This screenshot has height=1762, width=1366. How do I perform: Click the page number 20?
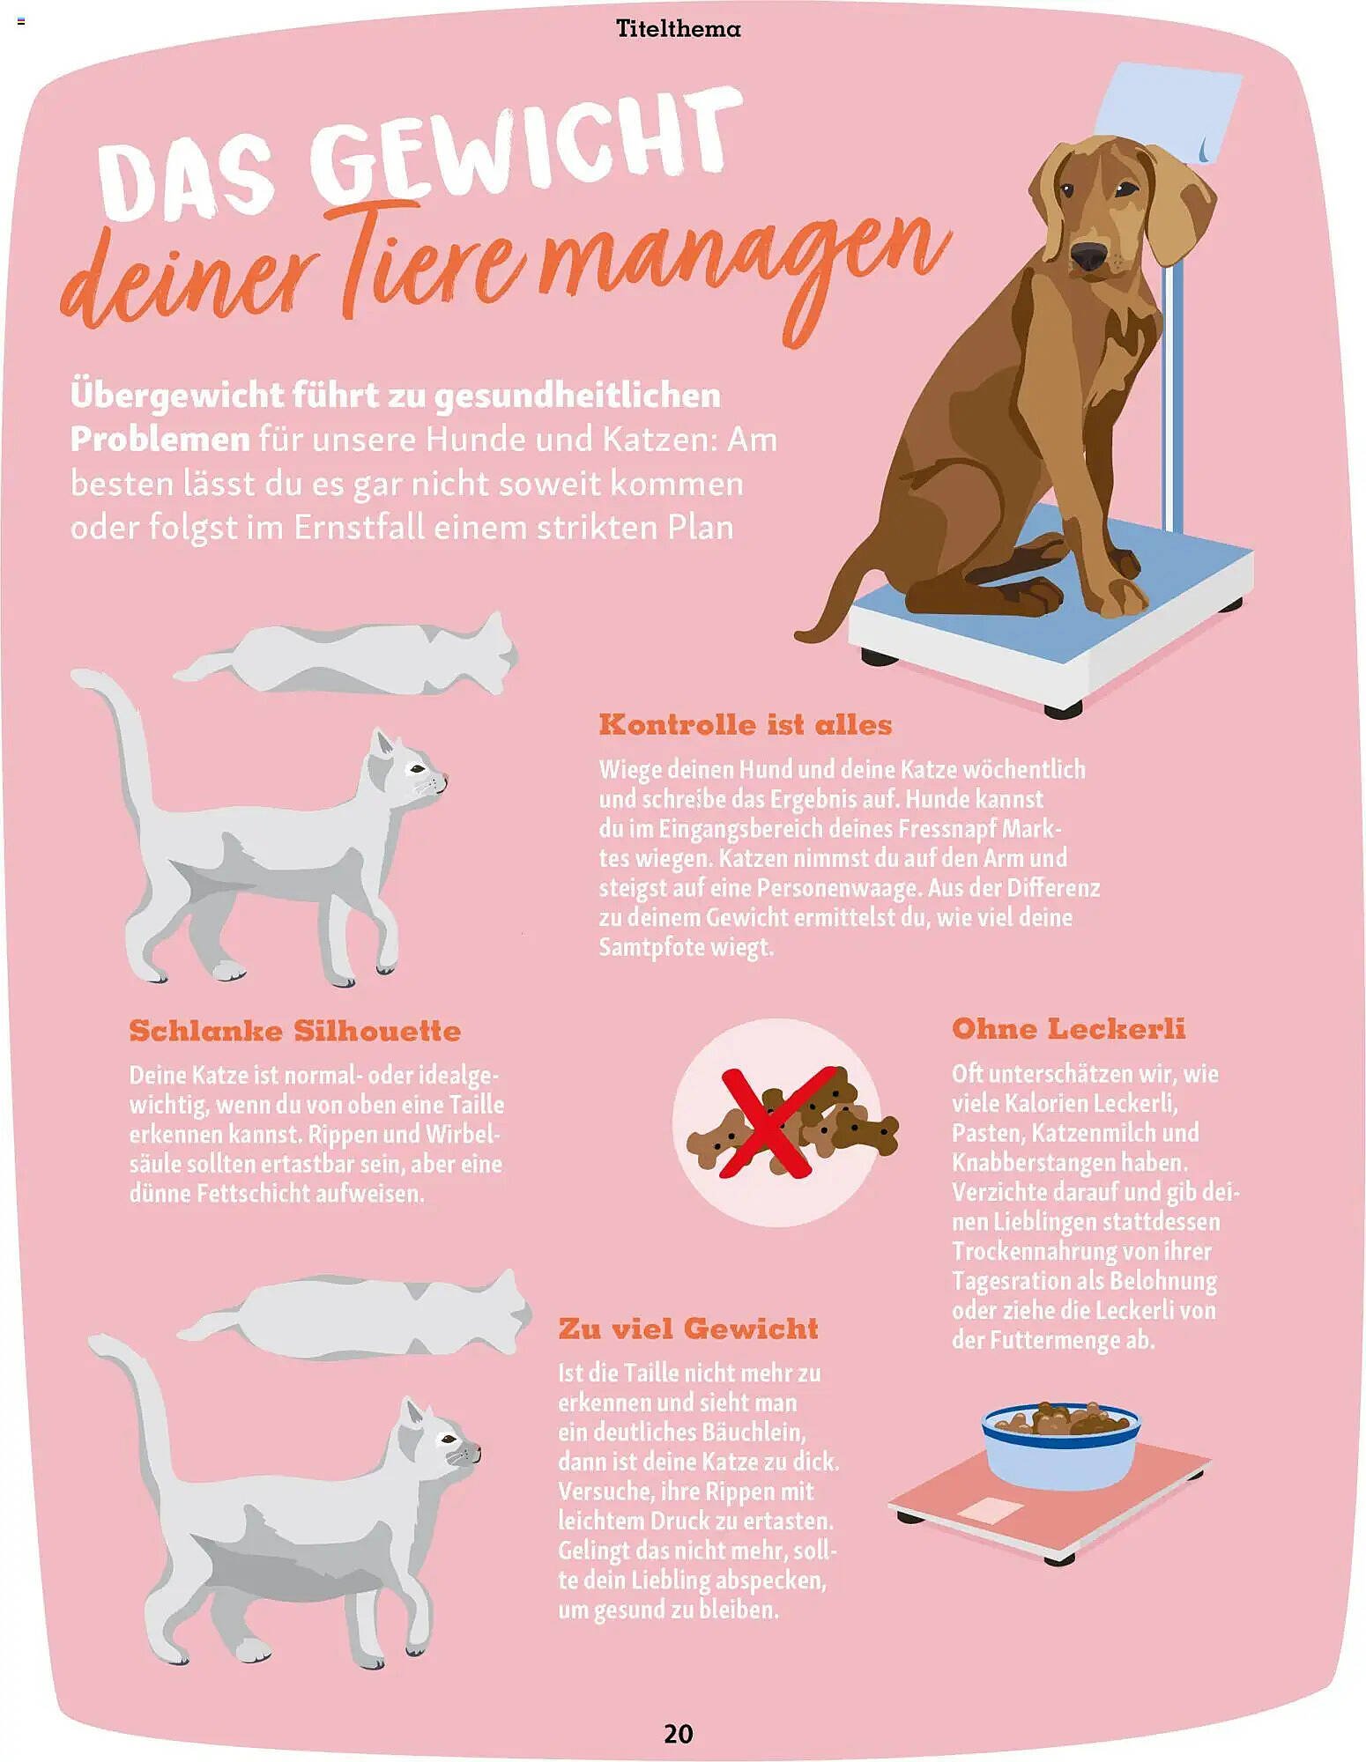point(678,1734)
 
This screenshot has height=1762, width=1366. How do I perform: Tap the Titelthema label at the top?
point(679,29)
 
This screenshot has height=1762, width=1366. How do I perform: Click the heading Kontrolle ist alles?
point(746,725)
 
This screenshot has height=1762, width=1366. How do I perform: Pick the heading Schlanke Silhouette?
point(295,1031)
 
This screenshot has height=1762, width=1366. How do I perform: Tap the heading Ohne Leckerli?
point(1068,1029)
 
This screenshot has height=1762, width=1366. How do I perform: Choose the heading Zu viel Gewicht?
point(688,1329)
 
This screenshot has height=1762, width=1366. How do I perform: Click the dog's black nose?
point(1089,255)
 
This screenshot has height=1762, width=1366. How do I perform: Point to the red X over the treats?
point(776,1122)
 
